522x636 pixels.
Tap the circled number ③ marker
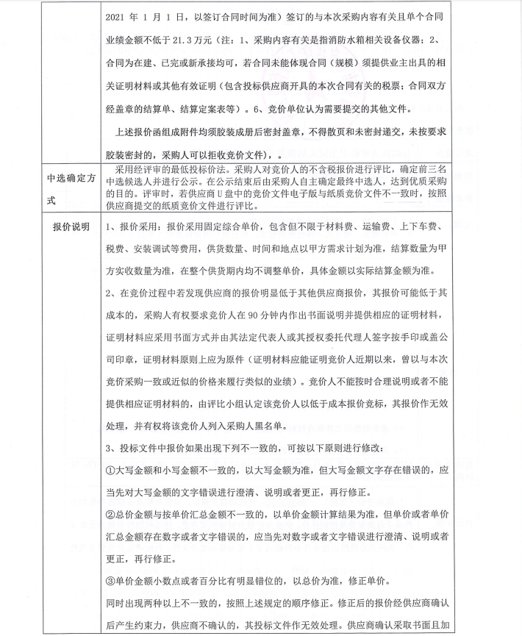[x=110, y=583]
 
